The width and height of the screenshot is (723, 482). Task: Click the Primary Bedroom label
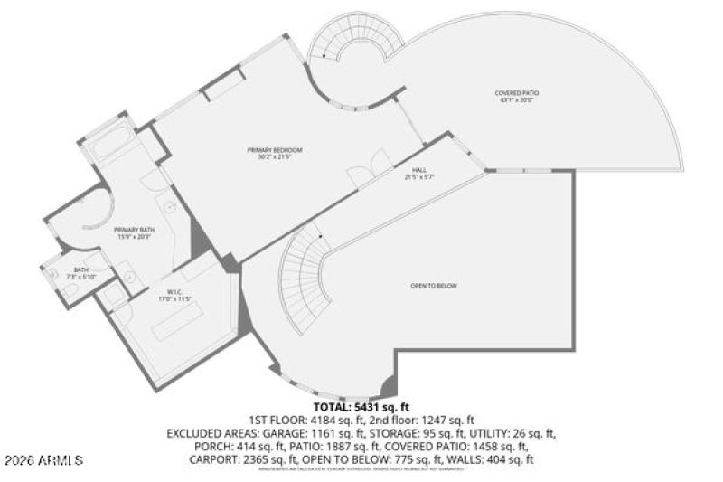(x=274, y=149)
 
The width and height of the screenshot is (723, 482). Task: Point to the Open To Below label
(x=434, y=286)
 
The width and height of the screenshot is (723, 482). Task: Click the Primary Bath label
(x=133, y=231)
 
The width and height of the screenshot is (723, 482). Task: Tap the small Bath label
(x=81, y=269)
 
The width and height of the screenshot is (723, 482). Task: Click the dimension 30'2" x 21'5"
(x=274, y=157)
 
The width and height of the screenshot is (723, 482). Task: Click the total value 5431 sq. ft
(x=385, y=408)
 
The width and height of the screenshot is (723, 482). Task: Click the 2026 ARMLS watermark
(x=42, y=460)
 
